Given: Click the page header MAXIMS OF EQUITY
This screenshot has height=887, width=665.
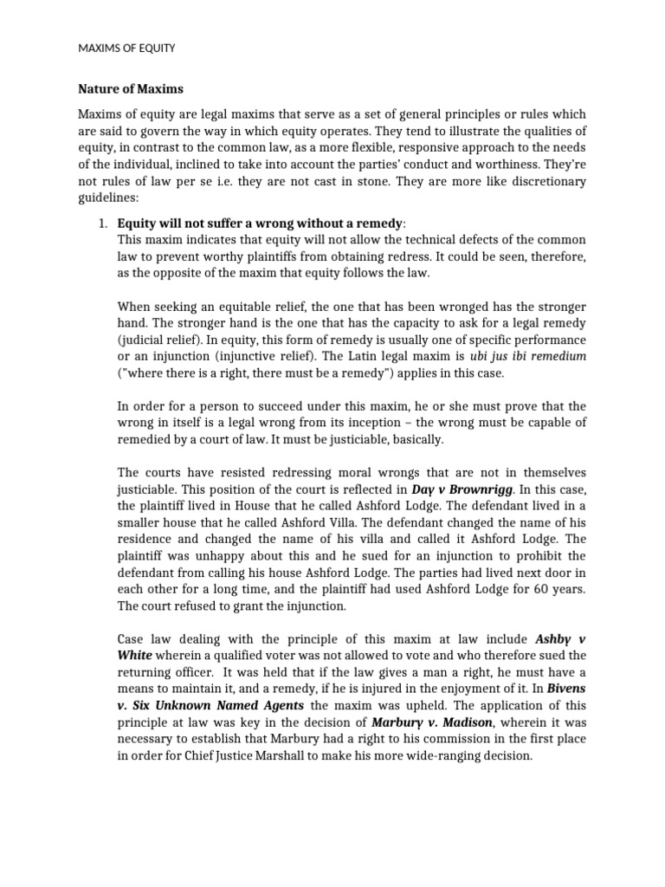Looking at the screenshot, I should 126,49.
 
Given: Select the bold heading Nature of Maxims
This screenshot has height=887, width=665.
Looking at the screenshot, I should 131,88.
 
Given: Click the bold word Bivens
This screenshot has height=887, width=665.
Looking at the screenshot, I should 564,689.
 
